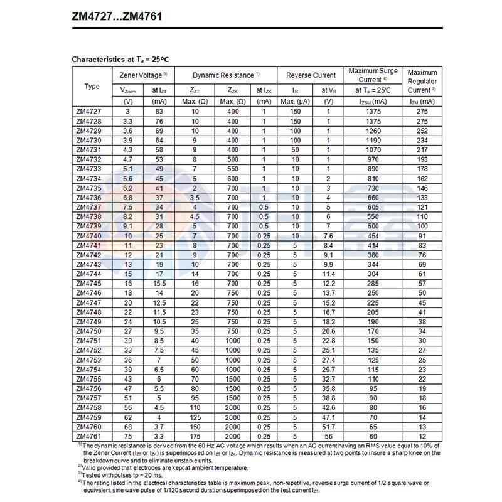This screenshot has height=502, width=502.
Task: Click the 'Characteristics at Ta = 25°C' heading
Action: point(120,60)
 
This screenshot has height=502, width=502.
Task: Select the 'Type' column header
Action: point(92,86)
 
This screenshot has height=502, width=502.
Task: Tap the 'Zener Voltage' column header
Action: point(142,75)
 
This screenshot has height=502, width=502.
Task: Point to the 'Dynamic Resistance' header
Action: point(226,75)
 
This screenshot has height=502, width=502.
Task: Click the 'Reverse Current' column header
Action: point(311,75)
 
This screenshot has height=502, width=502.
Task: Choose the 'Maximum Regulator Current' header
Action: point(422,81)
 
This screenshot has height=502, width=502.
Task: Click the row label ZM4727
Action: point(88,112)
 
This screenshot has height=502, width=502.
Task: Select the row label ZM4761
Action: point(88,437)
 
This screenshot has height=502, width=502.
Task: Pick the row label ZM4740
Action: point(88,236)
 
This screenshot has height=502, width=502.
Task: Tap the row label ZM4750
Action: point(88,331)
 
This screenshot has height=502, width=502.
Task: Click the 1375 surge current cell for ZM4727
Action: point(373,112)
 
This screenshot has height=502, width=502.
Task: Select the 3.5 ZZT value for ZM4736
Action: point(195,198)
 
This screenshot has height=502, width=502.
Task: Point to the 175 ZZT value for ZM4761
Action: point(195,437)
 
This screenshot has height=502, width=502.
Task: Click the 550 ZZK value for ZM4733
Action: point(232,169)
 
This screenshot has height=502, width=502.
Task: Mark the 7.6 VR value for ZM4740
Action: point(328,236)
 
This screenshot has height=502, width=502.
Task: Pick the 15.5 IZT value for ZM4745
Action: point(159,284)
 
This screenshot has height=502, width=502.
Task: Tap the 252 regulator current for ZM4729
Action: point(422,131)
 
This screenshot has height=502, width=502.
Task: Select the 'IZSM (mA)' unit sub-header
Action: point(373,101)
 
